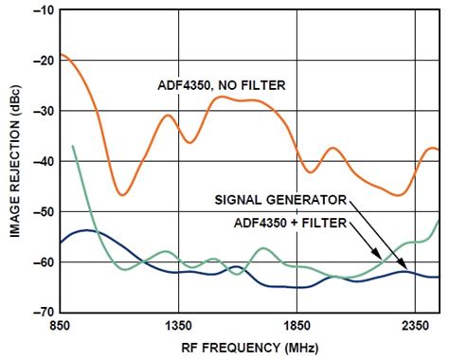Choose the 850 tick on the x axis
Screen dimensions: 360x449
61,325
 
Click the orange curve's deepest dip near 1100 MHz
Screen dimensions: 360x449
122,194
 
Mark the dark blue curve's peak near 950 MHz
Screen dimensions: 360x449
87,230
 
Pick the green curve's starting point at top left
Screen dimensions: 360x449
73,146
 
